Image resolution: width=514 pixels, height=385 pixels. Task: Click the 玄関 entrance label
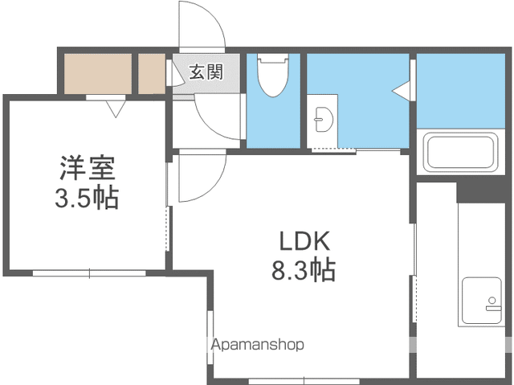pos(206,72)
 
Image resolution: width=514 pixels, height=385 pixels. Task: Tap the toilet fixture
pos(273,76)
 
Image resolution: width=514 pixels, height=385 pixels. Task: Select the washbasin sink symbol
pos(322,119)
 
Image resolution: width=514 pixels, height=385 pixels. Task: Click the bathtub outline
pos(460,153)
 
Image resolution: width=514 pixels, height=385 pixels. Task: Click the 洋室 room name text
pos(88,168)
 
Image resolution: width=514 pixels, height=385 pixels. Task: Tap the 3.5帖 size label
pos(87,198)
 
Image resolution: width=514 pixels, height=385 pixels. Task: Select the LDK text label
pos(304,241)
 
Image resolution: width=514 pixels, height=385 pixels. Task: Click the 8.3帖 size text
pos(304,270)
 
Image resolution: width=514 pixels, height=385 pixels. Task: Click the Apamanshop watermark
pos(258,344)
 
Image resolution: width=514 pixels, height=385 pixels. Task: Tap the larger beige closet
pos(98,73)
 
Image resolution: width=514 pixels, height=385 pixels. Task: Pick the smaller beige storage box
pos(152,73)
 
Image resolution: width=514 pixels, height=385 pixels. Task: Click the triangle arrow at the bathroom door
pos(401,89)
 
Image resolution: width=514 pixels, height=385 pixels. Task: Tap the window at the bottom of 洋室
pos(89,273)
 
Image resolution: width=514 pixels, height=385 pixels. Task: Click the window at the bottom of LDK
pos(304,382)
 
